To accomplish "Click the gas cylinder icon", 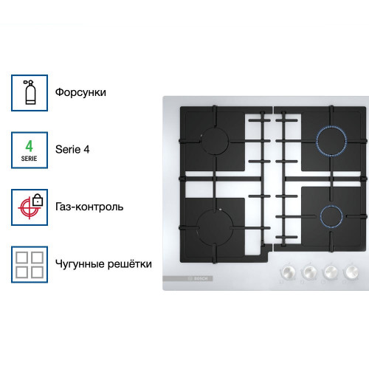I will [x=30, y=92].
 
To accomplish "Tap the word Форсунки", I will [x=80, y=92].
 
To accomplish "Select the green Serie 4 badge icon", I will [x=30, y=149].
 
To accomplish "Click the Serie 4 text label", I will [x=72, y=149].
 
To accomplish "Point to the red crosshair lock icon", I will [x=30, y=207].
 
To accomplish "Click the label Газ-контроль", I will [x=89, y=207].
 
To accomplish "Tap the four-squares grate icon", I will [x=30, y=263].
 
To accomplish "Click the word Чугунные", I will [x=77, y=263].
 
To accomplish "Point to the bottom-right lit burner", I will [x=330, y=215].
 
